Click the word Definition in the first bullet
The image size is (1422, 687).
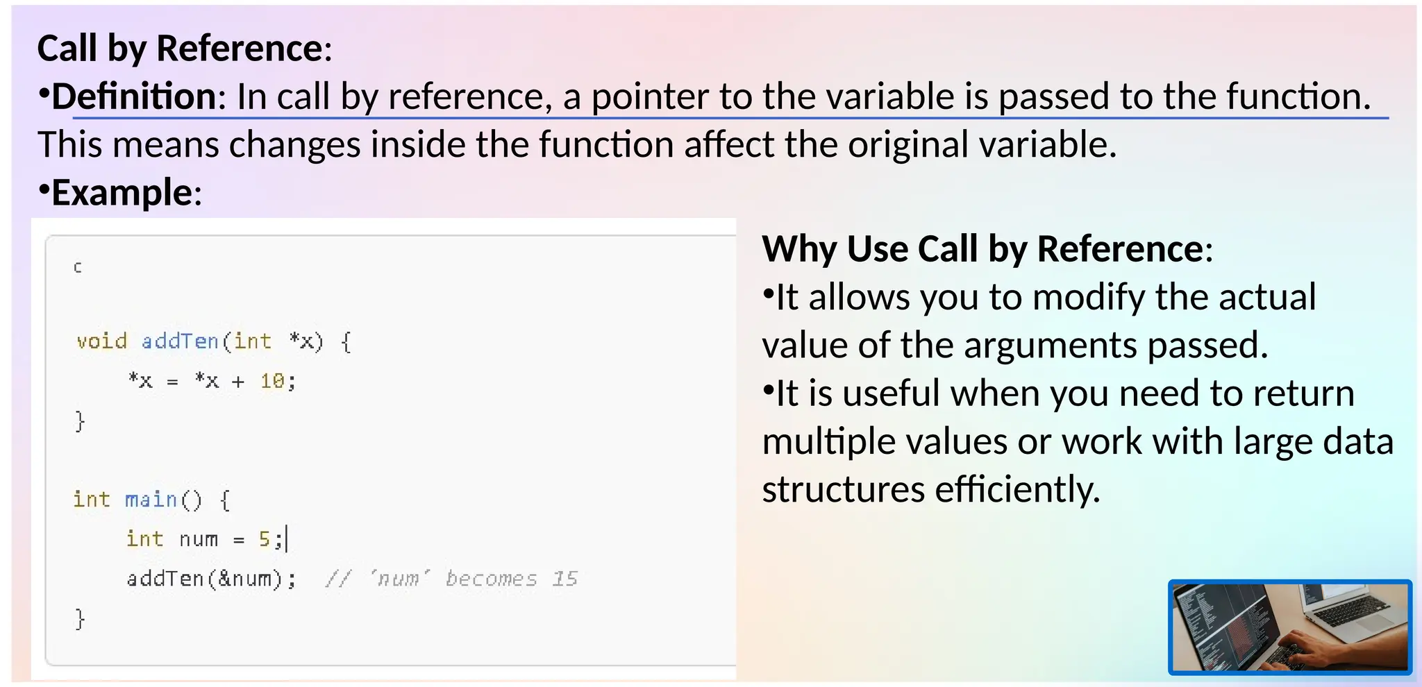coord(134,96)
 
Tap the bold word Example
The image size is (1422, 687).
coord(122,193)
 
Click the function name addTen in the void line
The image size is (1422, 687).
coord(180,341)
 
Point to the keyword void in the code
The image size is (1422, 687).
coord(102,341)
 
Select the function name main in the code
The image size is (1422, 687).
coord(151,500)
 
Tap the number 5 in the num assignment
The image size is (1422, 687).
coord(265,539)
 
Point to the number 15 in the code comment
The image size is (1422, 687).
coord(564,579)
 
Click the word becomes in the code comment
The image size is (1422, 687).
coord(491,579)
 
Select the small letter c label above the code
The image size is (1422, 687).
coord(78,267)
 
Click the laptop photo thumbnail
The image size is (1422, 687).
coord(1290,627)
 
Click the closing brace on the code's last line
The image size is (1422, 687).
coord(80,618)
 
